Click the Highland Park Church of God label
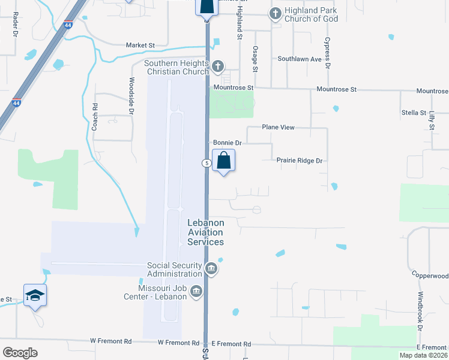pyautogui.click(x=312, y=14)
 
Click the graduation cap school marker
pyautogui.click(x=35, y=295)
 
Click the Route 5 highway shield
pyautogui.click(x=206, y=163)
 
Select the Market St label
pyautogui.click(x=140, y=45)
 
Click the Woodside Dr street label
pyautogui.click(x=131, y=95)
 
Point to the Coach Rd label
pyautogui.click(x=94, y=116)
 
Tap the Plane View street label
pyautogui.click(x=278, y=128)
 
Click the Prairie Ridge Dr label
pyautogui.click(x=300, y=161)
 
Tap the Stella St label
pyautogui.click(x=414, y=113)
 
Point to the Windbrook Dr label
pyautogui.click(x=421, y=311)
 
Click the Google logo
pyautogui.click(x=20, y=353)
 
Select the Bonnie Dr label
pyautogui.click(x=227, y=143)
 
